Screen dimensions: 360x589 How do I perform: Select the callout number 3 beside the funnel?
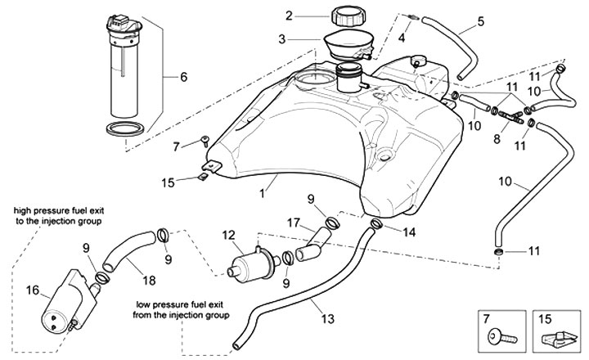point(281,38)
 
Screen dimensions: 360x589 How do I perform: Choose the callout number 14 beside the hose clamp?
point(409,232)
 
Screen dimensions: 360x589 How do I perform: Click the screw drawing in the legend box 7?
point(500,335)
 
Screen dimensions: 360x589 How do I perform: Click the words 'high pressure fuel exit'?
point(58,210)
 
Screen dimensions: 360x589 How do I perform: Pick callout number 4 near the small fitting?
point(401,38)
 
